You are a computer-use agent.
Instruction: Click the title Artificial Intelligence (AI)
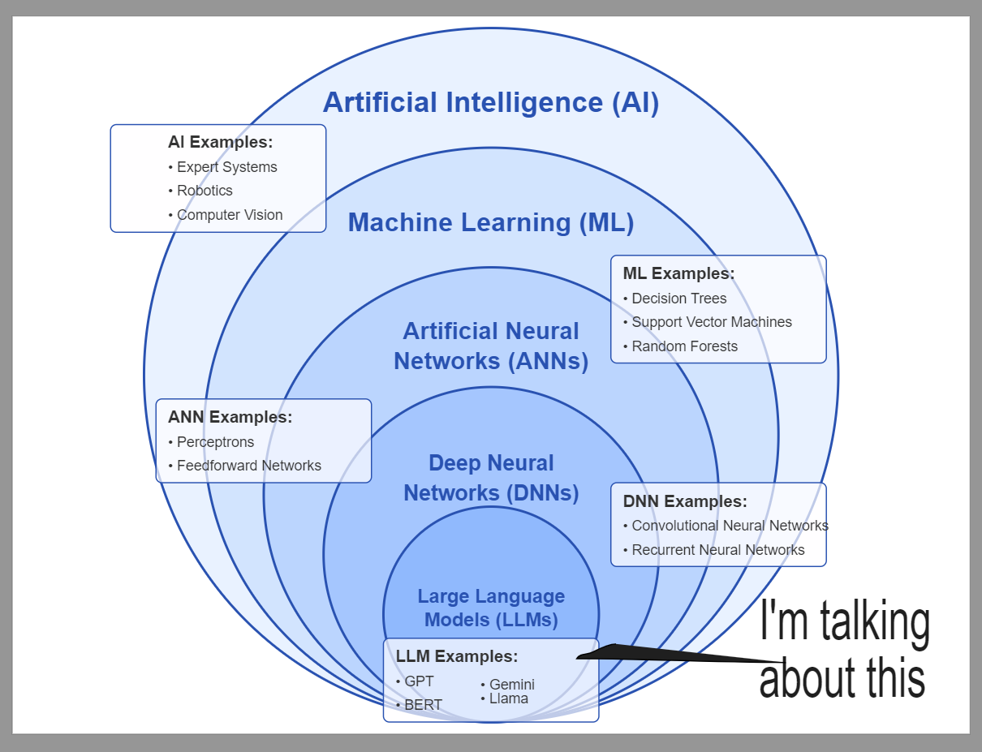point(490,103)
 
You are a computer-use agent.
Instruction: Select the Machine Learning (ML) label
point(490,222)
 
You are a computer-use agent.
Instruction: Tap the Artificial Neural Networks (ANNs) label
point(491,346)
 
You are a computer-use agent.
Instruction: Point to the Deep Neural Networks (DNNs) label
point(491,478)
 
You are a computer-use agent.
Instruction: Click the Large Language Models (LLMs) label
point(491,608)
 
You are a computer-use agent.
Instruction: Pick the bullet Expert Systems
point(226,167)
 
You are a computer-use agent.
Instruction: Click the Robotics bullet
point(205,191)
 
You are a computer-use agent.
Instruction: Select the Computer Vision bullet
point(230,215)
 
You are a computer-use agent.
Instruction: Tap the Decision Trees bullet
point(678,299)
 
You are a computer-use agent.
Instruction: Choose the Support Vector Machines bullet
point(711,322)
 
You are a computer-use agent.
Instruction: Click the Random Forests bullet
point(684,346)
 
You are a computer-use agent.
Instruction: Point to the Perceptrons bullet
point(215,442)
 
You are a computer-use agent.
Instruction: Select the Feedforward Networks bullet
point(248,466)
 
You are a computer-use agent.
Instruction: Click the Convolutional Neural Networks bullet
point(730,526)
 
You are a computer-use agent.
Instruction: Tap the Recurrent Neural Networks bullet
point(717,550)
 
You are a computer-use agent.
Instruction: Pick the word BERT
point(423,705)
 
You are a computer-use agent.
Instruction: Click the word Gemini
point(511,685)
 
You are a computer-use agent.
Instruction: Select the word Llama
point(508,698)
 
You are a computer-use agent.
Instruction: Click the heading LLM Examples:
point(457,656)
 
